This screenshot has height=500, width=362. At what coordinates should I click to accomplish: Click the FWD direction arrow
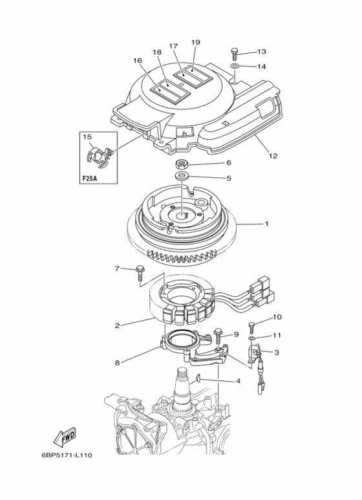pyautogui.click(x=65, y=437)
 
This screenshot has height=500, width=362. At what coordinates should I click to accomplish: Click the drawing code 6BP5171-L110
pyautogui.click(x=67, y=455)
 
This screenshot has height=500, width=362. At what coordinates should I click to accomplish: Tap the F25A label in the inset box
pyautogui.click(x=90, y=179)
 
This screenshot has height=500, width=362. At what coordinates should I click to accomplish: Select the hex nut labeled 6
pyautogui.click(x=181, y=164)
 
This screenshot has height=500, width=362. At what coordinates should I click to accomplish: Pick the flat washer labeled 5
pyautogui.click(x=181, y=175)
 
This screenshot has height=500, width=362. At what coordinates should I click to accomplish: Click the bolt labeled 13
pyautogui.click(x=234, y=54)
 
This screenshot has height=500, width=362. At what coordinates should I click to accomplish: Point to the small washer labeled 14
pyautogui.click(x=234, y=67)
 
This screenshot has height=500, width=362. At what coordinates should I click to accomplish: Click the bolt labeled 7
pyautogui.click(x=140, y=273)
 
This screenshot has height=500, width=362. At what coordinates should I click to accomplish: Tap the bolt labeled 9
pyautogui.click(x=218, y=335)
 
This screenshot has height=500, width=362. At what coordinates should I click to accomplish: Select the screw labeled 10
pyautogui.click(x=252, y=328)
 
